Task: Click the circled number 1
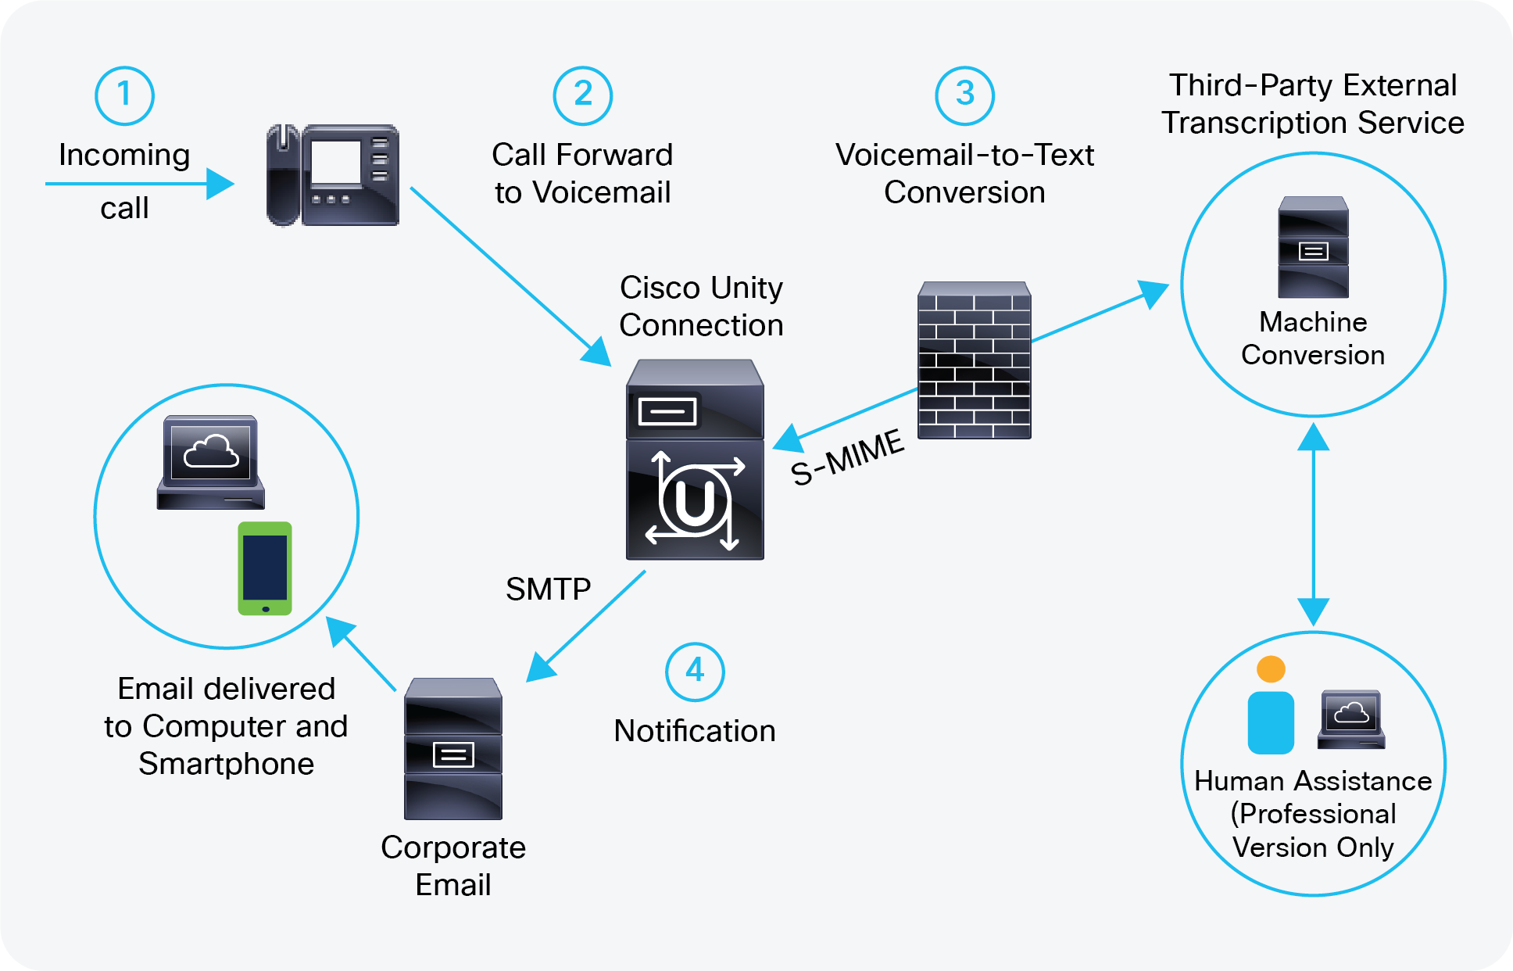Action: point(124,95)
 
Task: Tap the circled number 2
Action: point(582,95)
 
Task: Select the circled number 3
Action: point(964,95)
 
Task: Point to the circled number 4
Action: point(695,672)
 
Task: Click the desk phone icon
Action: point(333,175)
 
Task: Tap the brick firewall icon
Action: point(974,360)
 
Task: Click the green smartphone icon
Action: point(265,568)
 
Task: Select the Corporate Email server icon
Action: point(453,748)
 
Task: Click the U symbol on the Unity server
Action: point(694,502)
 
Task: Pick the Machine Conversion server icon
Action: point(1313,247)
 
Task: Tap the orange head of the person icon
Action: point(1271,669)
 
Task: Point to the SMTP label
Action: point(548,589)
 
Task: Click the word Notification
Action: point(695,731)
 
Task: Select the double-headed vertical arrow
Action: point(1314,524)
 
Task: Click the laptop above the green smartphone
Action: point(211,462)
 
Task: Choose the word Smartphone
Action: point(226,764)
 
